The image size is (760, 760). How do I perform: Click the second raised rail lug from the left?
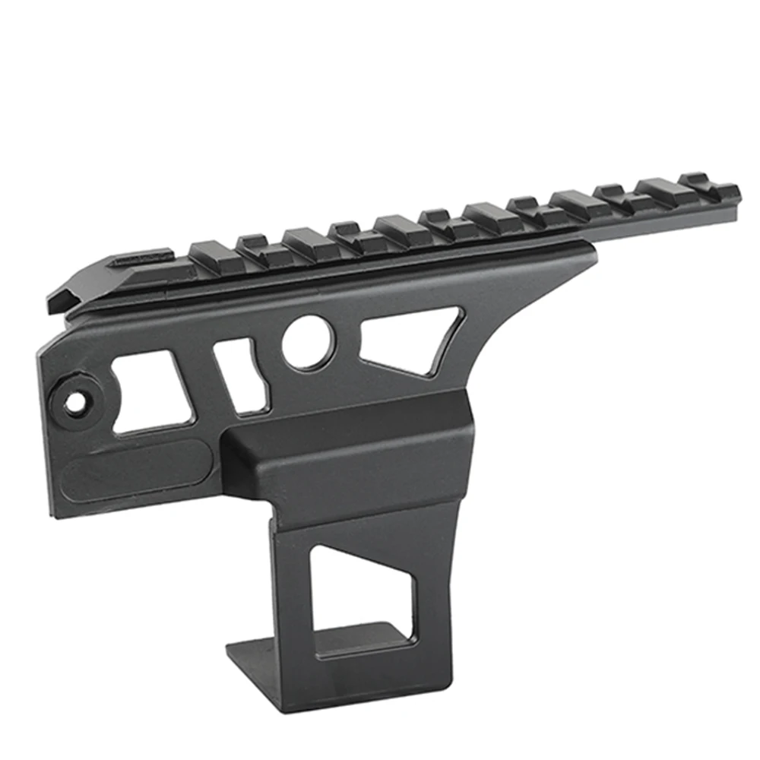coord(258,243)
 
